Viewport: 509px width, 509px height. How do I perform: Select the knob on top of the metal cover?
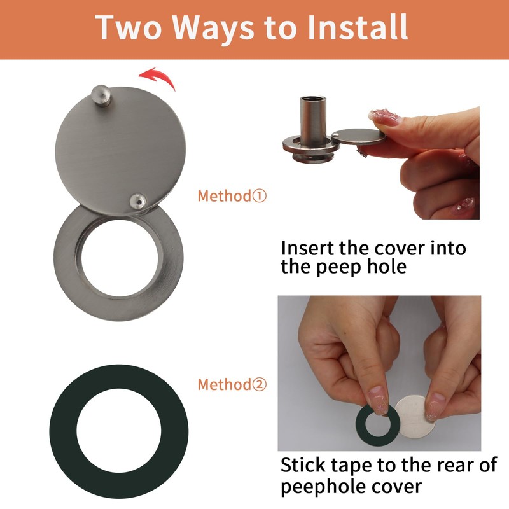pos(100,95)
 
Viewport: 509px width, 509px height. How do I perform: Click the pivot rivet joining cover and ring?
pos(137,202)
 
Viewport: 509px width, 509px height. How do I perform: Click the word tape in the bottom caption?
pos(361,465)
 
